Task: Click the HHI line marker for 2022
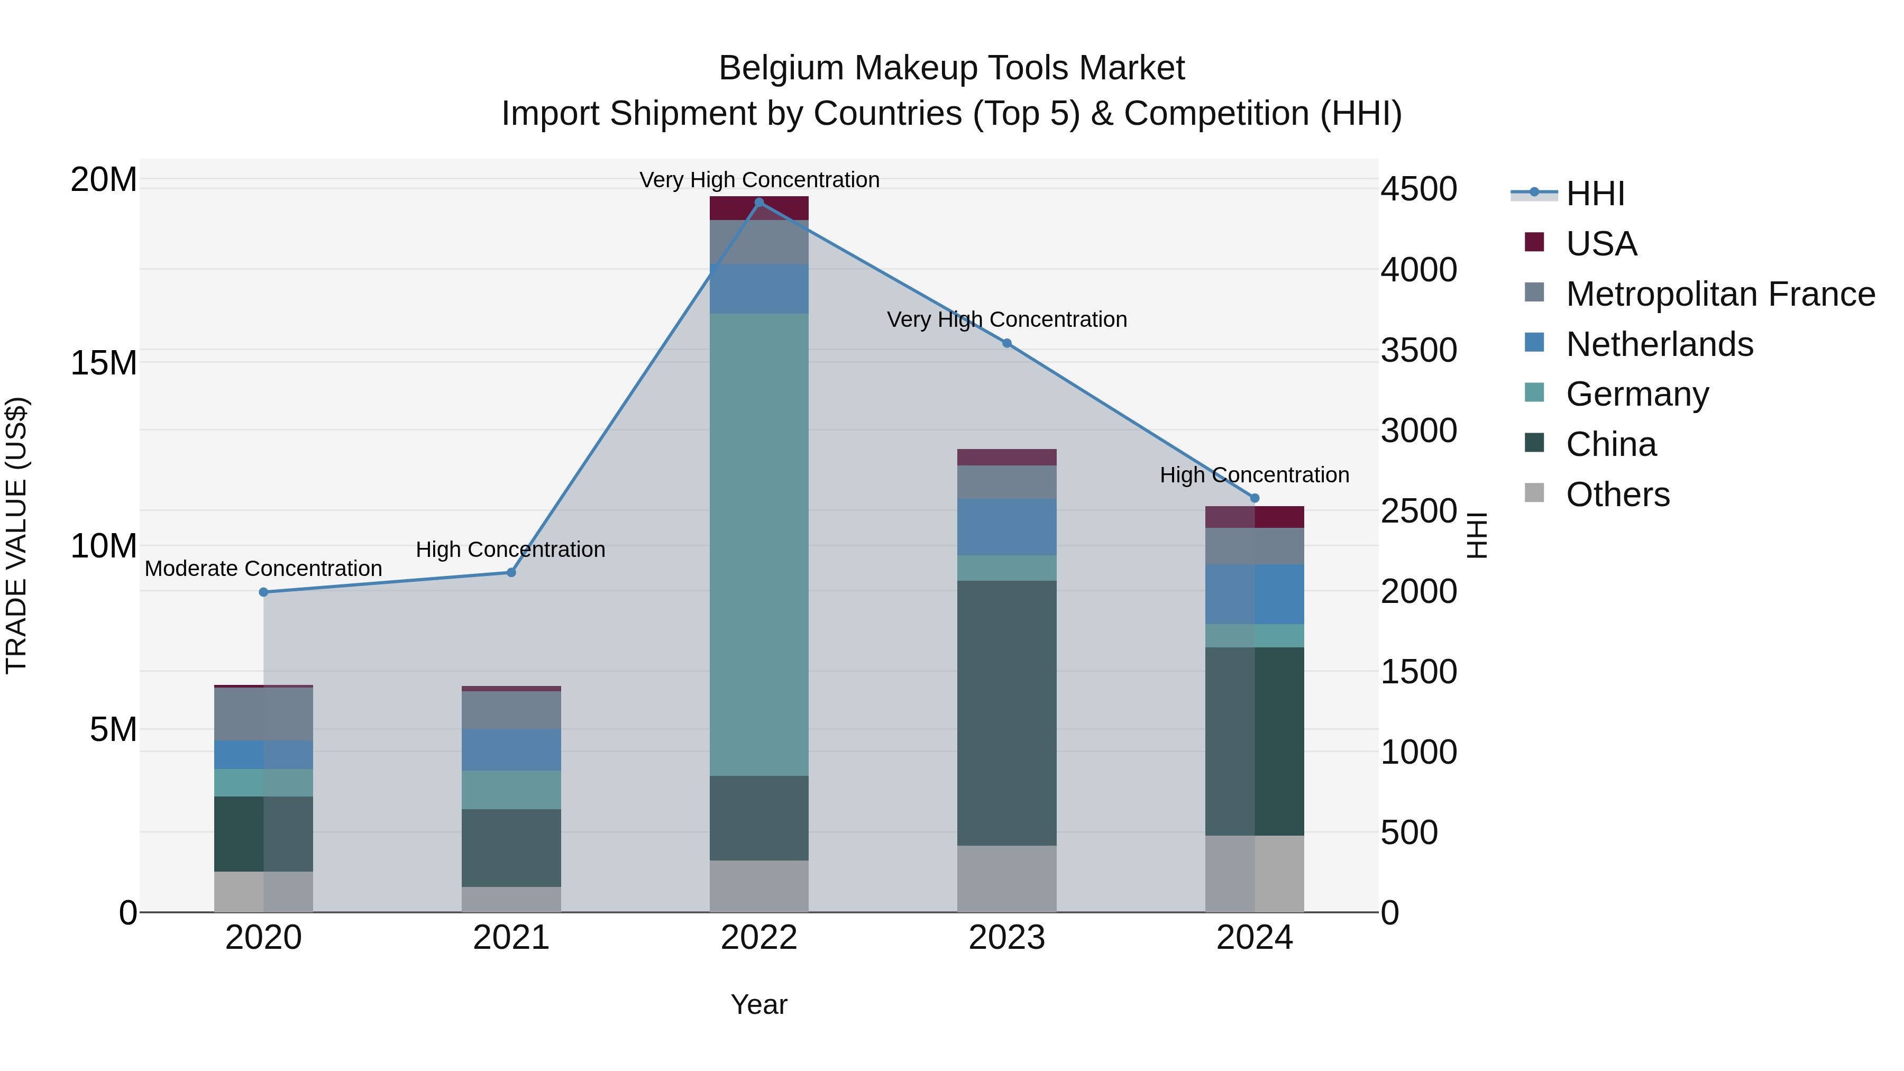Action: tap(758, 202)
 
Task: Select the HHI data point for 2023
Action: tap(1006, 343)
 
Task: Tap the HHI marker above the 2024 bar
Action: tap(1255, 498)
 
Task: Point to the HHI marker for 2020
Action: tap(264, 592)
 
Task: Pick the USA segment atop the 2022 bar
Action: tap(758, 208)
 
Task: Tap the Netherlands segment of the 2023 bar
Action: tap(1006, 526)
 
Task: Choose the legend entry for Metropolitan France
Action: tap(1720, 294)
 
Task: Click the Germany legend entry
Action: tap(1636, 394)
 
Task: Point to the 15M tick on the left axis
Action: tap(104, 363)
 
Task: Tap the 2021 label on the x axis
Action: tap(511, 938)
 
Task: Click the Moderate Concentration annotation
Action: tap(263, 569)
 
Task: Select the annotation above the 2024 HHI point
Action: tap(1255, 474)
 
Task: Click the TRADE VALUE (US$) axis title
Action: tap(16, 535)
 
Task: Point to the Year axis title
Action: tap(758, 1004)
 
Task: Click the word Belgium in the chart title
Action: tap(781, 68)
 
